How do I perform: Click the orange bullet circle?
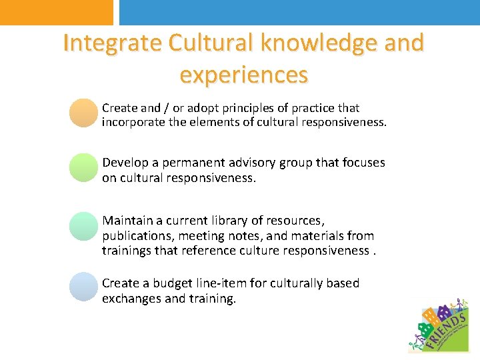pos(83,113)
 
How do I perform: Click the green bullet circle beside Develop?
pos(83,167)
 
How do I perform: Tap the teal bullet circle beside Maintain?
pos(83,226)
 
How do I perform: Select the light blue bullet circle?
pos(83,287)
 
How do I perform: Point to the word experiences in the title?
pos(244,75)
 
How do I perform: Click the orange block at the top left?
pos(56,12)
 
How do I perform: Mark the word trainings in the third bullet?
pos(125,251)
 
